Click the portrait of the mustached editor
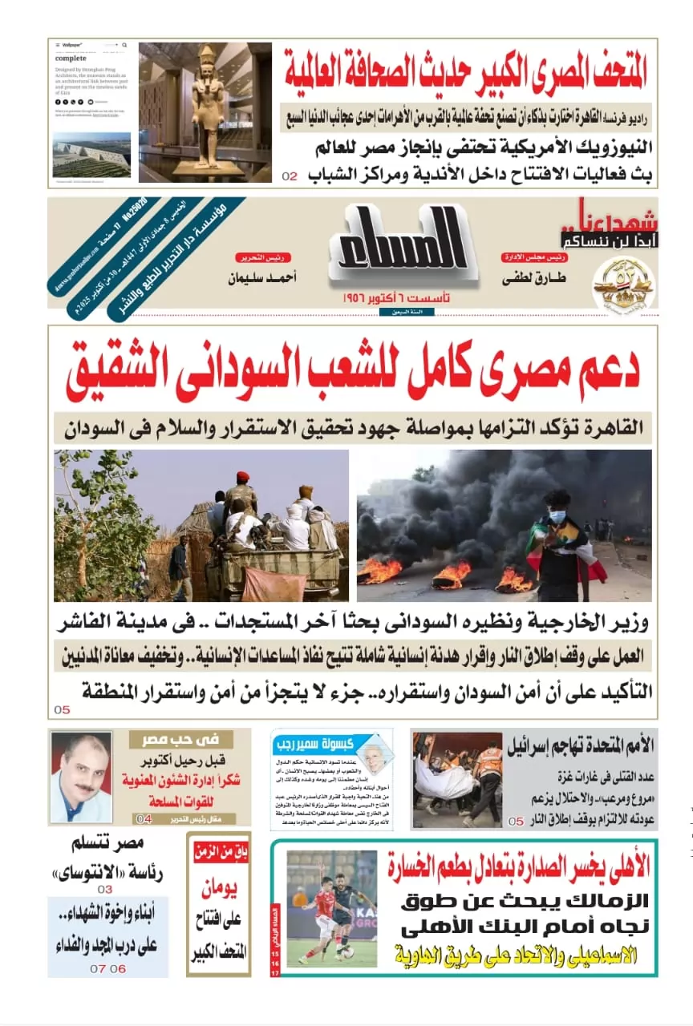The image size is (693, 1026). (x=81, y=778)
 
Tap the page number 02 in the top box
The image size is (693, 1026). (x=290, y=176)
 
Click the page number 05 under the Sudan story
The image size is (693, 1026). (x=63, y=709)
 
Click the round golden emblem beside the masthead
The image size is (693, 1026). (x=622, y=282)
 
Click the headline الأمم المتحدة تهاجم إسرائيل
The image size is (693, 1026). (x=580, y=745)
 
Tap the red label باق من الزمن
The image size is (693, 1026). (x=220, y=851)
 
